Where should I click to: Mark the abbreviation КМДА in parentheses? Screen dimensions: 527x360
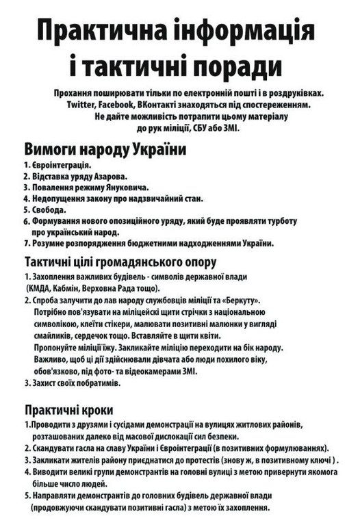pos(41,289)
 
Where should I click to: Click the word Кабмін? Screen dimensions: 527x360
pos(76,289)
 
